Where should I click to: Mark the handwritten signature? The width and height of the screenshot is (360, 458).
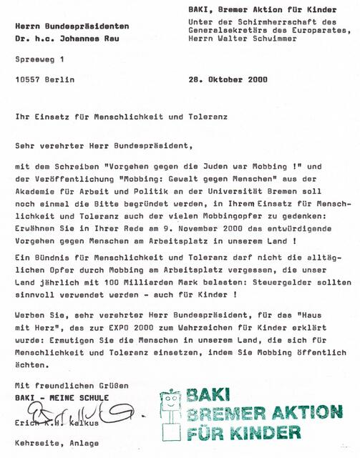(68, 411)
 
